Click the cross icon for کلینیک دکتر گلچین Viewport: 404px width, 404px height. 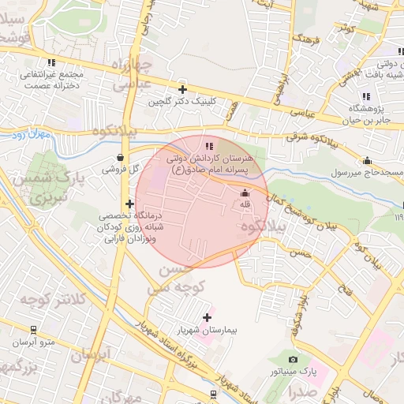(x=183, y=90)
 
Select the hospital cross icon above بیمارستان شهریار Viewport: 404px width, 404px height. (x=207, y=317)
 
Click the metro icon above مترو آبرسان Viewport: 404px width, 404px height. (x=33, y=330)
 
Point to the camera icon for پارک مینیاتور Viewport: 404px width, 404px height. (x=294, y=360)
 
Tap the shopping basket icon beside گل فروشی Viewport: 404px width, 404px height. (x=119, y=156)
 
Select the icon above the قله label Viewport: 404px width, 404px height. (x=244, y=193)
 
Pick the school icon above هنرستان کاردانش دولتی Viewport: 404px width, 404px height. (x=208, y=146)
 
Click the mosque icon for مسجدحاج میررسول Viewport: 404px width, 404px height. (x=368, y=160)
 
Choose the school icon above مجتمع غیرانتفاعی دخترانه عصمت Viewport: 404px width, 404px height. (x=51, y=62)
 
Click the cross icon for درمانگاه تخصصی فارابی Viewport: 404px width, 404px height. (x=129, y=204)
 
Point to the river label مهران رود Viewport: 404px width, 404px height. (x=31, y=135)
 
